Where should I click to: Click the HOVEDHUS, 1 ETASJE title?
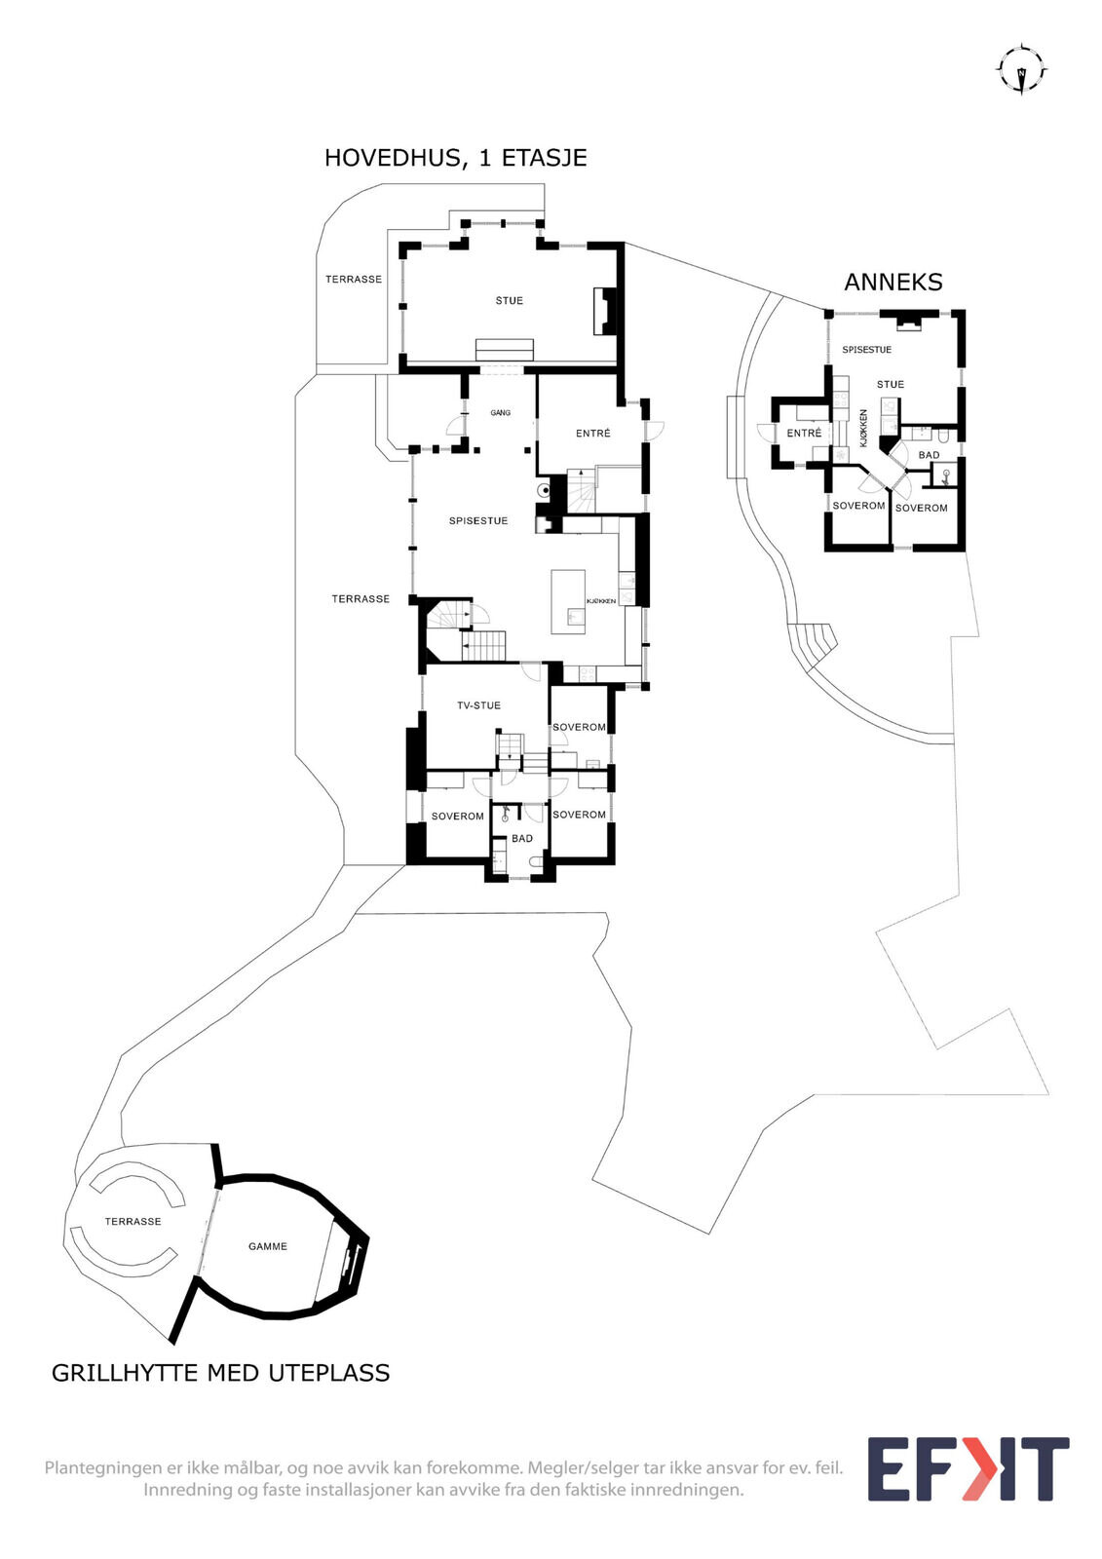[455, 158]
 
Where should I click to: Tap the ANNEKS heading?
[893, 282]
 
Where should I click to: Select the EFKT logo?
[968, 1467]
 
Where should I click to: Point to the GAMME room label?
[268, 1246]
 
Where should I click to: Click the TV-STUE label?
[479, 705]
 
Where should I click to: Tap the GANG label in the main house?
[501, 413]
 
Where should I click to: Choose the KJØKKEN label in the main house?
[601, 600]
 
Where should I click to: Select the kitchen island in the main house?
[568, 601]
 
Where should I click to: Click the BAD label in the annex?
[929, 454]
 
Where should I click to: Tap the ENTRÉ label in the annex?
[804, 433]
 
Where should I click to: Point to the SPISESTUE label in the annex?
[867, 350]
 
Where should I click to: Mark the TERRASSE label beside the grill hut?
[133, 1221]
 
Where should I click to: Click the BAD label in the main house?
[522, 839]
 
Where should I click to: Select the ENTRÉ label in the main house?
[593, 433]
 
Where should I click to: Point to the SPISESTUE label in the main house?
[478, 520]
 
